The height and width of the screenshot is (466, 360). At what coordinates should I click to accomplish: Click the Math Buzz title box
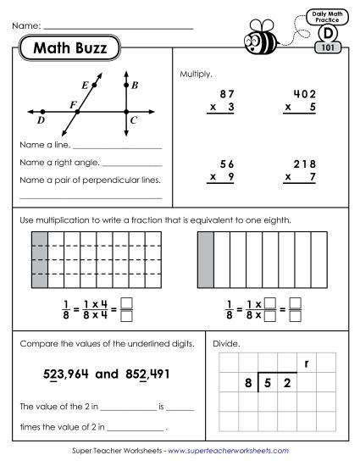point(70,48)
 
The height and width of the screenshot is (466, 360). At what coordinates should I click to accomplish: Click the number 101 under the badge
point(327,48)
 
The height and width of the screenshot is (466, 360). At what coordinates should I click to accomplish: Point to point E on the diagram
point(86,85)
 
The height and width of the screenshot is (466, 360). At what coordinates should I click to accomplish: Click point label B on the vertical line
point(135,86)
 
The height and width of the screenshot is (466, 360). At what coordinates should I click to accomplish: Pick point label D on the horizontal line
point(41,119)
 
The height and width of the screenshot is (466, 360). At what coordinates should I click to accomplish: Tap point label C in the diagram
point(134,119)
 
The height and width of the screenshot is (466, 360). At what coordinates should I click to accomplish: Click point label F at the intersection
point(75,104)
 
